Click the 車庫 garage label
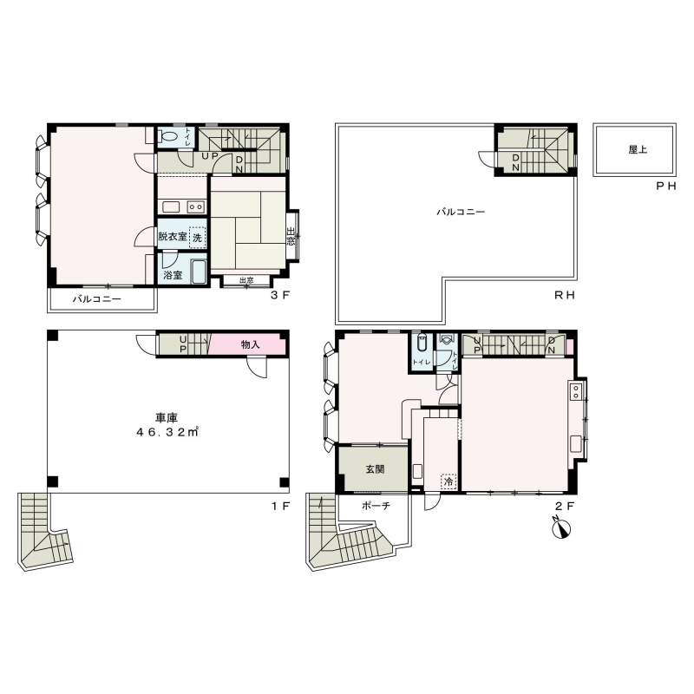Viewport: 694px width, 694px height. pyautogui.click(x=167, y=417)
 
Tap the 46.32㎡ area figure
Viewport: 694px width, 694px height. pyautogui.click(x=167, y=432)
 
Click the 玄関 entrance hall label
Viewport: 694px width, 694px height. pyautogui.click(x=375, y=469)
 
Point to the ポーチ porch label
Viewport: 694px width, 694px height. pyautogui.click(x=376, y=506)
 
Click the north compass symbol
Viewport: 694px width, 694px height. pyautogui.click(x=562, y=528)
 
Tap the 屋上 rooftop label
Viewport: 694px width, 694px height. pyautogui.click(x=638, y=149)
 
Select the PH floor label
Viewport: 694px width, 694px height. pyautogui.click(x=666, y=186)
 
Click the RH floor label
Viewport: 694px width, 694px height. pyautogui.click(x=565, y=295)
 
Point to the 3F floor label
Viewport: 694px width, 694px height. pyautogui.click(x=279, y=295)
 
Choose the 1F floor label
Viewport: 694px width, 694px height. pyautogui.click(x=280, y=506)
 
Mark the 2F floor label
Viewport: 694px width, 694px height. pyautogui.click(x=565, y=506)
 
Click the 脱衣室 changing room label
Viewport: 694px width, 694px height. pyautogui.click(x=173, y=236)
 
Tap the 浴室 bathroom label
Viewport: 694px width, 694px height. pyautogui.click(x=173, y=275)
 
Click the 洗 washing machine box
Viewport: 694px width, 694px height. pyautogui.click(x=197, y=237)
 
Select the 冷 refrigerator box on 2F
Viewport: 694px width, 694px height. pyautogui.click(x=448, y=481)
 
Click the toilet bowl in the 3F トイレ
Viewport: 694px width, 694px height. pyautogui.click(x=168, y=136)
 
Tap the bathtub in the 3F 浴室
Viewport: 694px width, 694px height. pyautogui.click(x=198, y=272)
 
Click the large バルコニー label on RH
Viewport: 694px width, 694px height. pyautogui.click(x=461, y=212)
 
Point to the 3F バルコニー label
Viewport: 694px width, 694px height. pyautogui.click(x=97, y=299)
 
